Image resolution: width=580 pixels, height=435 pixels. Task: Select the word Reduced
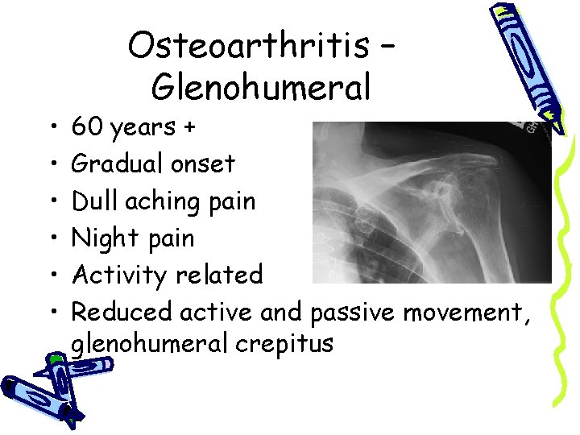122,312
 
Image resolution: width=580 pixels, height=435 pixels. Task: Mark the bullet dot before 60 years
52,127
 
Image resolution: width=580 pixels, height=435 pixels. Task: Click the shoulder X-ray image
431,201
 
